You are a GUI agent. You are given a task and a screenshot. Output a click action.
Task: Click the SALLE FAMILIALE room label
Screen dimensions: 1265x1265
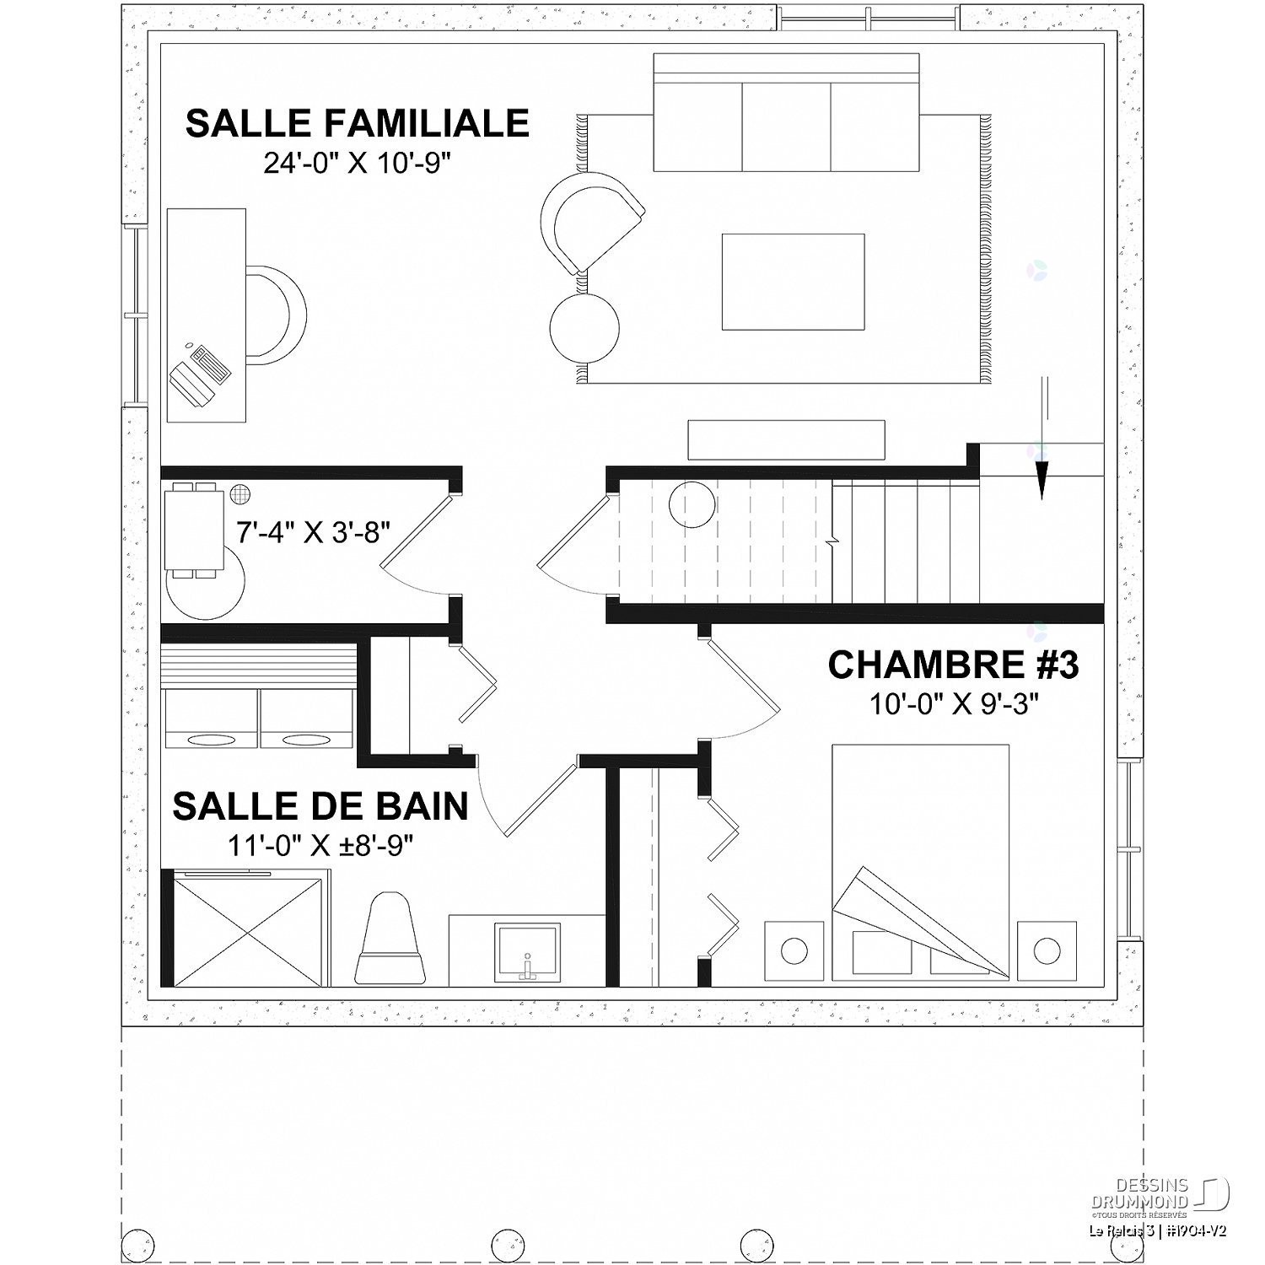click(x=357, y=123)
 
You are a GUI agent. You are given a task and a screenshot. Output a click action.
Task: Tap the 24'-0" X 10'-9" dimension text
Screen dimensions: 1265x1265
click(x=358, y=164)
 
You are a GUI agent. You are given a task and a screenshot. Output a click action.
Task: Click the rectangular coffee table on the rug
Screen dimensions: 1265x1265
click(x=793, y=282)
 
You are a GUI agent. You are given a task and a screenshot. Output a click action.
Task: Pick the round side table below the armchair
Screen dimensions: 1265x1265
click(x=584, y=326)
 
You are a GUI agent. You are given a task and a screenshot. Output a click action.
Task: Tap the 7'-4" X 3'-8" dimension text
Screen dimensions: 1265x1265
click(x=314, y=533)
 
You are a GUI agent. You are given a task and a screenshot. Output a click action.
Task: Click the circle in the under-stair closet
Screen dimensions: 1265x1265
click(x=692, y=504)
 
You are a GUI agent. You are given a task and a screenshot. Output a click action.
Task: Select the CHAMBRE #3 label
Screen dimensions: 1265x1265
click(x=953, y=665)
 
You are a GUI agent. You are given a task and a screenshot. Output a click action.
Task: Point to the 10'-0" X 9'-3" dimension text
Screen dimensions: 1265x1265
click(x=953, y=703)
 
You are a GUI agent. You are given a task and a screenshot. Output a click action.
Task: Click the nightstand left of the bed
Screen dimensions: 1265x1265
click(x=794, y=950)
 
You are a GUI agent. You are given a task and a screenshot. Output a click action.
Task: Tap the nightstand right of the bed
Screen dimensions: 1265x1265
click(x=1047, y=950)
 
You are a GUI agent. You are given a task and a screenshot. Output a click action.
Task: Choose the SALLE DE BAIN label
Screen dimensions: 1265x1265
click(x=320, y=806)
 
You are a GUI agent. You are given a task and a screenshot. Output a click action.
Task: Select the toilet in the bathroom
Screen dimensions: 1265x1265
click(x=390, y=940)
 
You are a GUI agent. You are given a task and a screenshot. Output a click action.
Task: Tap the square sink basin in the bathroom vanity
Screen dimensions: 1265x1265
click(x=527, y=951)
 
